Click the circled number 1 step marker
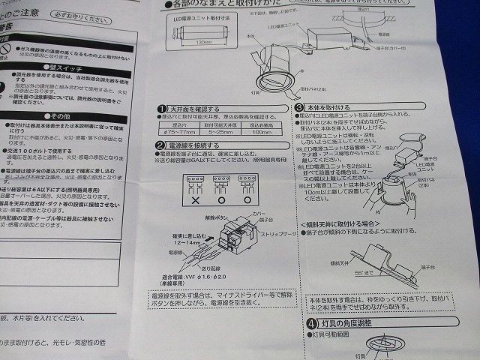tap(161, 108)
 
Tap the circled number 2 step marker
tap(160, 145)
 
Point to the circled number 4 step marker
tap(310, 324)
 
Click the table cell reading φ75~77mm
tap(178, 131)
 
